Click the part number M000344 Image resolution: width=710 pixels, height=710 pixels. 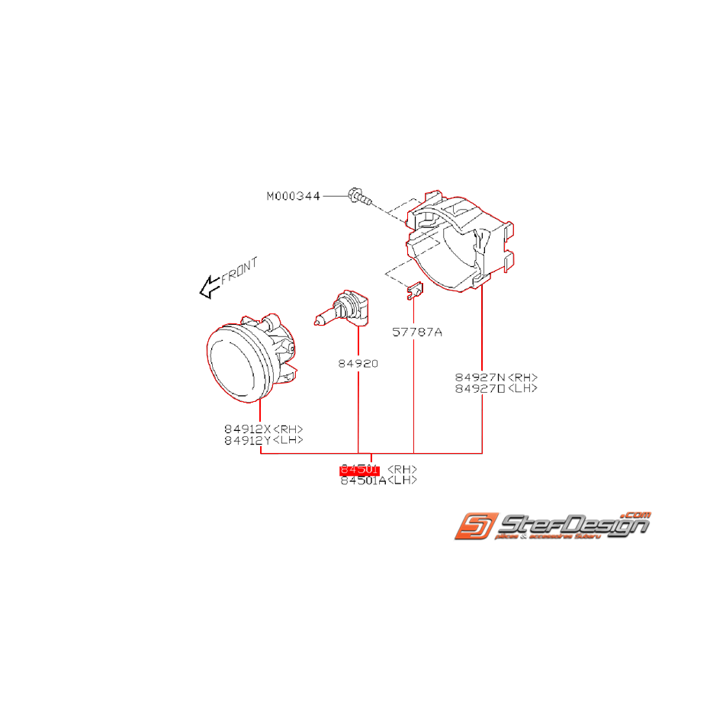point(294,196)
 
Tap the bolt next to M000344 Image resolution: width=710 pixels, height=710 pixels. point(357,196)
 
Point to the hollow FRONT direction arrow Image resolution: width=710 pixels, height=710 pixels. point(208,288)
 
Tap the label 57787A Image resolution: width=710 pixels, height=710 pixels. point(417,333)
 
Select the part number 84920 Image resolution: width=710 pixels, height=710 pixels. point(358,364)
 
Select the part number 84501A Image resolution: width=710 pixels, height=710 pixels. point(363,480)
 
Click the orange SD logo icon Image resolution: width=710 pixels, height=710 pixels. point(477,526)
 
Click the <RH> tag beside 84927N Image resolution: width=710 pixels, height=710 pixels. point(523,377)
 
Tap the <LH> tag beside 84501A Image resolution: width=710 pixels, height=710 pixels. point(403,480)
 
